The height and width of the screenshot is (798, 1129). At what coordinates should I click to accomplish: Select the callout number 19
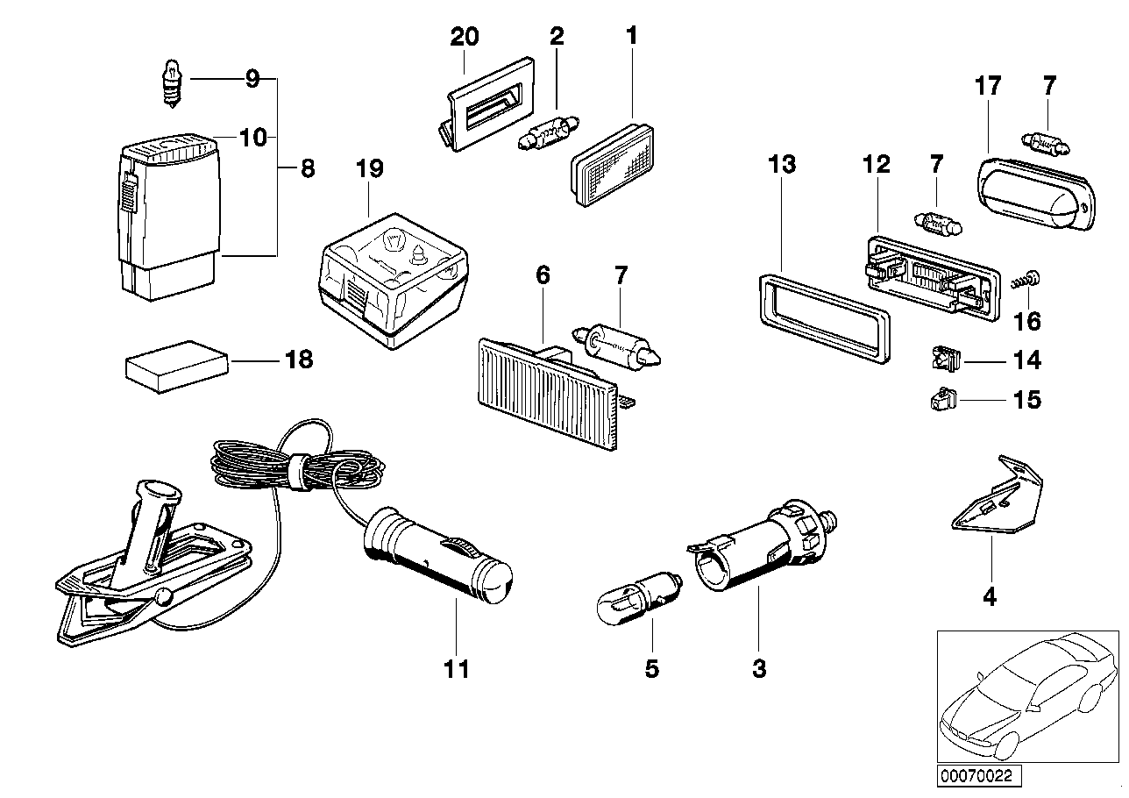tap(369, 168)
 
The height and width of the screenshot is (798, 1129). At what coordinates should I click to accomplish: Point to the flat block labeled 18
tap(177, 363)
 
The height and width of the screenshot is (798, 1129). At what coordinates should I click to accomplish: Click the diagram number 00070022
tap(982, 775)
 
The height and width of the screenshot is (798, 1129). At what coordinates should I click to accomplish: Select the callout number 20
tap(465, 37)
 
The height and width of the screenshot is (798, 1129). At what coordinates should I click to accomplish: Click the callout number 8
tap(307, 168)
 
